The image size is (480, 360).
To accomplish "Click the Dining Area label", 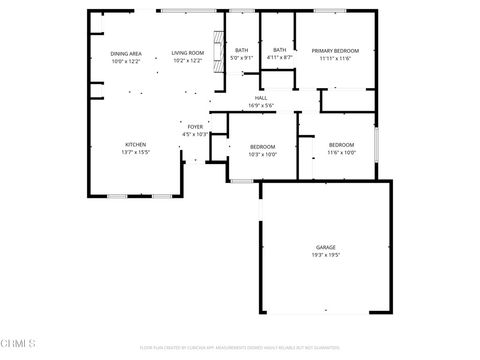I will coord(126,53).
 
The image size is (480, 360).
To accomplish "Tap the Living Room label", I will coord(187,53).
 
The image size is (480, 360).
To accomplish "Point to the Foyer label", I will coord(195,127).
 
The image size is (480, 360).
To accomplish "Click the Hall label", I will coord(260,98).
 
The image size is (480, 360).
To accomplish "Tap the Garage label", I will coord(326,247).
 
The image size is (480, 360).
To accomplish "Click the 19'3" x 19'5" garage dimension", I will coord(326,255).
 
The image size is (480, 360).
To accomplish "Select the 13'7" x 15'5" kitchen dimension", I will coord(135,152).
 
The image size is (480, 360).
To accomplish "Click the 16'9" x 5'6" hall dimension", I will coord(260,105).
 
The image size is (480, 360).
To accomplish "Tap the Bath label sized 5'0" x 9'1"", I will coord(242,50).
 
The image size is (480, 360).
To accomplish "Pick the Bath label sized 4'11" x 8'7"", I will coord(280,50).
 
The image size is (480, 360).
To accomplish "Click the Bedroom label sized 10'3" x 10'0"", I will coord(263,146).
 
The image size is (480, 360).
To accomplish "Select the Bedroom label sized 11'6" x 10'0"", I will coord(342,145).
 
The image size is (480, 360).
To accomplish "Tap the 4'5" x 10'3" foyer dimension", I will coord(195,134).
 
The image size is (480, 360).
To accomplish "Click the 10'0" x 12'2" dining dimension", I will coord(126,61).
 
